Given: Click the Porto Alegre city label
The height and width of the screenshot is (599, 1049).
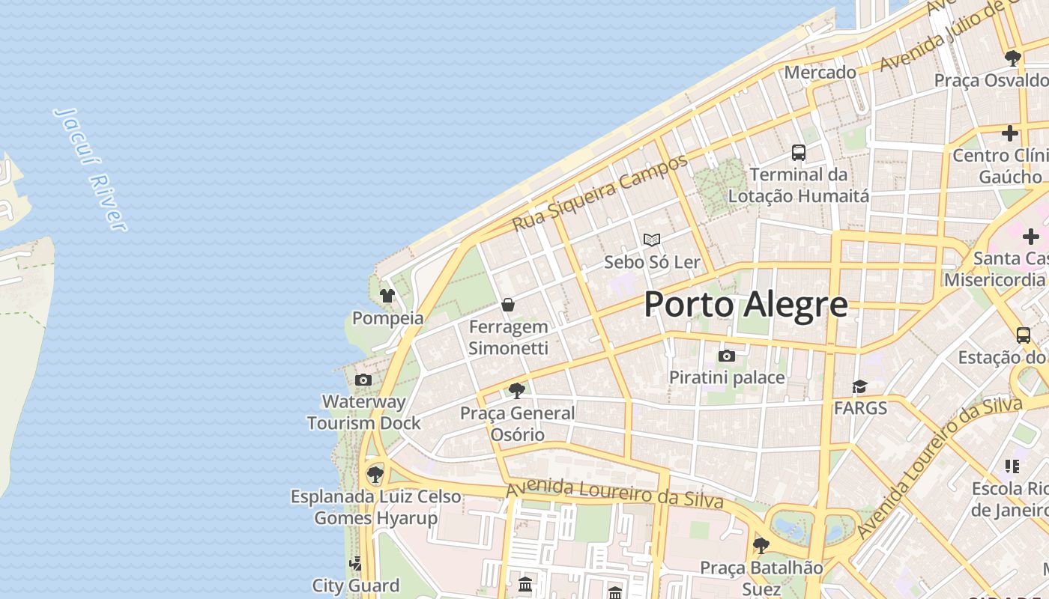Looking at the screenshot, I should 746,305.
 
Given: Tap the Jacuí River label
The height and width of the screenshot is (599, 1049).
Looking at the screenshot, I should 91,168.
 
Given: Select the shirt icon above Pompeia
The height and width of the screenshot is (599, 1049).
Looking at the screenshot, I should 387,296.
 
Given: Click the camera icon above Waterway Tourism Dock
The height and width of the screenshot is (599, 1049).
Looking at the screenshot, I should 363,380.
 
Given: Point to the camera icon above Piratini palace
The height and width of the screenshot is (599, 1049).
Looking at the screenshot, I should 726,356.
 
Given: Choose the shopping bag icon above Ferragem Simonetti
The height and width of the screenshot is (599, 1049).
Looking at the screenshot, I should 508,305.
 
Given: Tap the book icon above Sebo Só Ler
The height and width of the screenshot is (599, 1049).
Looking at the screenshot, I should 652,240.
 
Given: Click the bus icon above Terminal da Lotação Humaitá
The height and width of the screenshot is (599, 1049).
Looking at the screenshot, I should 799,153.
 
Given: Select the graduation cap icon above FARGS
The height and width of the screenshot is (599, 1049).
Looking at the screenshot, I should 859,386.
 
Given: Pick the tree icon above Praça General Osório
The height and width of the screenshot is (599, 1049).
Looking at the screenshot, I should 516,390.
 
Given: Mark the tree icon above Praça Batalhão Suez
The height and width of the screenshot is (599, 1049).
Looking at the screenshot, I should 761,545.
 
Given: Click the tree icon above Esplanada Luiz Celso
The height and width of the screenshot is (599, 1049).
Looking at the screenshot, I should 375,474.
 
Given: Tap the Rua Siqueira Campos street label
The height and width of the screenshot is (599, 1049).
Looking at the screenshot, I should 599,193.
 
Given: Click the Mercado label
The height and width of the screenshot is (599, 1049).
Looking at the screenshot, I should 820,73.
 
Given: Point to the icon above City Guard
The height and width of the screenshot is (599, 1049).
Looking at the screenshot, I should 356,563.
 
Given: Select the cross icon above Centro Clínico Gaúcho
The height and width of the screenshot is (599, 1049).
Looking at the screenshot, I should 1010,133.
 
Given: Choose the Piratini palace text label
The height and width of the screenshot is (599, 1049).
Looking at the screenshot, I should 727,377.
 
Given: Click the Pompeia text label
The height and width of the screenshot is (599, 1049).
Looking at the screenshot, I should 387,318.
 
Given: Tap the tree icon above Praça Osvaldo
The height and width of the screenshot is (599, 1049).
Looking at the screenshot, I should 1013,58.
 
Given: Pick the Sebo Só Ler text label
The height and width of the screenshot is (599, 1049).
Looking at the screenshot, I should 652,262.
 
